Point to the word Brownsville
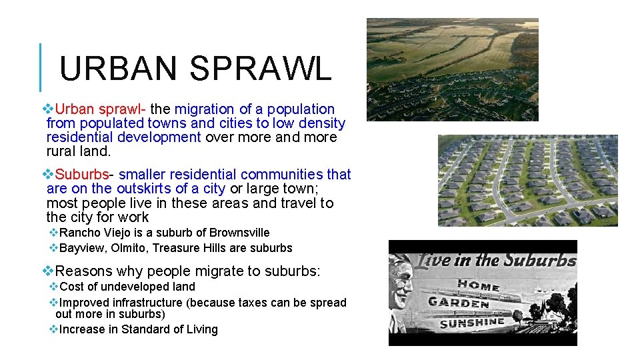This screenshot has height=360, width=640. (239, 233)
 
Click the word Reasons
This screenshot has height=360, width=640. (85, 271)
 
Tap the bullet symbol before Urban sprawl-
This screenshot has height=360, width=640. (49, 109)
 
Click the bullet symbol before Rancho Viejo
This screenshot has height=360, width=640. (54, 233)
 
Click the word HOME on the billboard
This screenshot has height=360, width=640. (478, 285)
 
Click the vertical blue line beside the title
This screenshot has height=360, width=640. (41, 67)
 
